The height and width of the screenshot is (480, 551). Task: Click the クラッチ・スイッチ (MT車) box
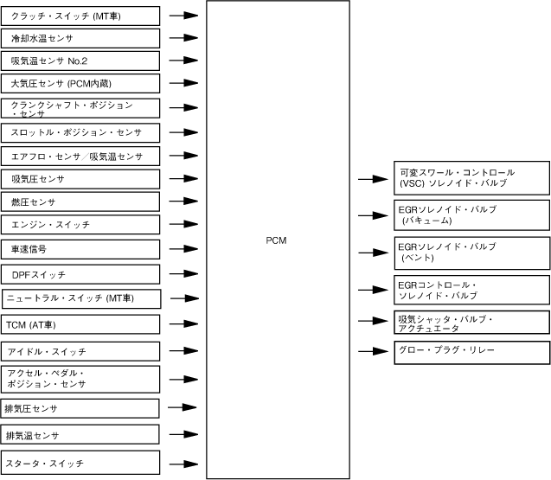[80, 16]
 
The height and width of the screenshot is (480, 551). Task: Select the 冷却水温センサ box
[80, 38]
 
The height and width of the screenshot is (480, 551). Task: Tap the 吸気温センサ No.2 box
[80, 61]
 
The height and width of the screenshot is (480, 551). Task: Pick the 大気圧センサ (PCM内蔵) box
[80, 83]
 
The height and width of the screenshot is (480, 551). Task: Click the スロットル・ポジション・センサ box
[80, 133]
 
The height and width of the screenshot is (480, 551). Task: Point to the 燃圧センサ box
[80, 202]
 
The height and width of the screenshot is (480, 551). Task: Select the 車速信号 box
[80, 249]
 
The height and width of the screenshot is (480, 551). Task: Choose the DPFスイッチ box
[80, 274]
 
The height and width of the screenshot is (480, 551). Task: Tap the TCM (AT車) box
[80, 324]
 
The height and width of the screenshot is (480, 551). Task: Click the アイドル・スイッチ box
[80, 351]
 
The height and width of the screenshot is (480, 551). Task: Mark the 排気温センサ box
[80, 434]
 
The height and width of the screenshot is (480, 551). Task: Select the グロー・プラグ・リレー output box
[471, 351]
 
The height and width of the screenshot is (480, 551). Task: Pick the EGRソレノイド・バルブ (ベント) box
[471, 252]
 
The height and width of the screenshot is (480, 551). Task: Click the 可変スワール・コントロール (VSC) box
[471, 178]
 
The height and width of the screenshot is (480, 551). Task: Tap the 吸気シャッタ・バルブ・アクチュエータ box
[471, 323]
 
